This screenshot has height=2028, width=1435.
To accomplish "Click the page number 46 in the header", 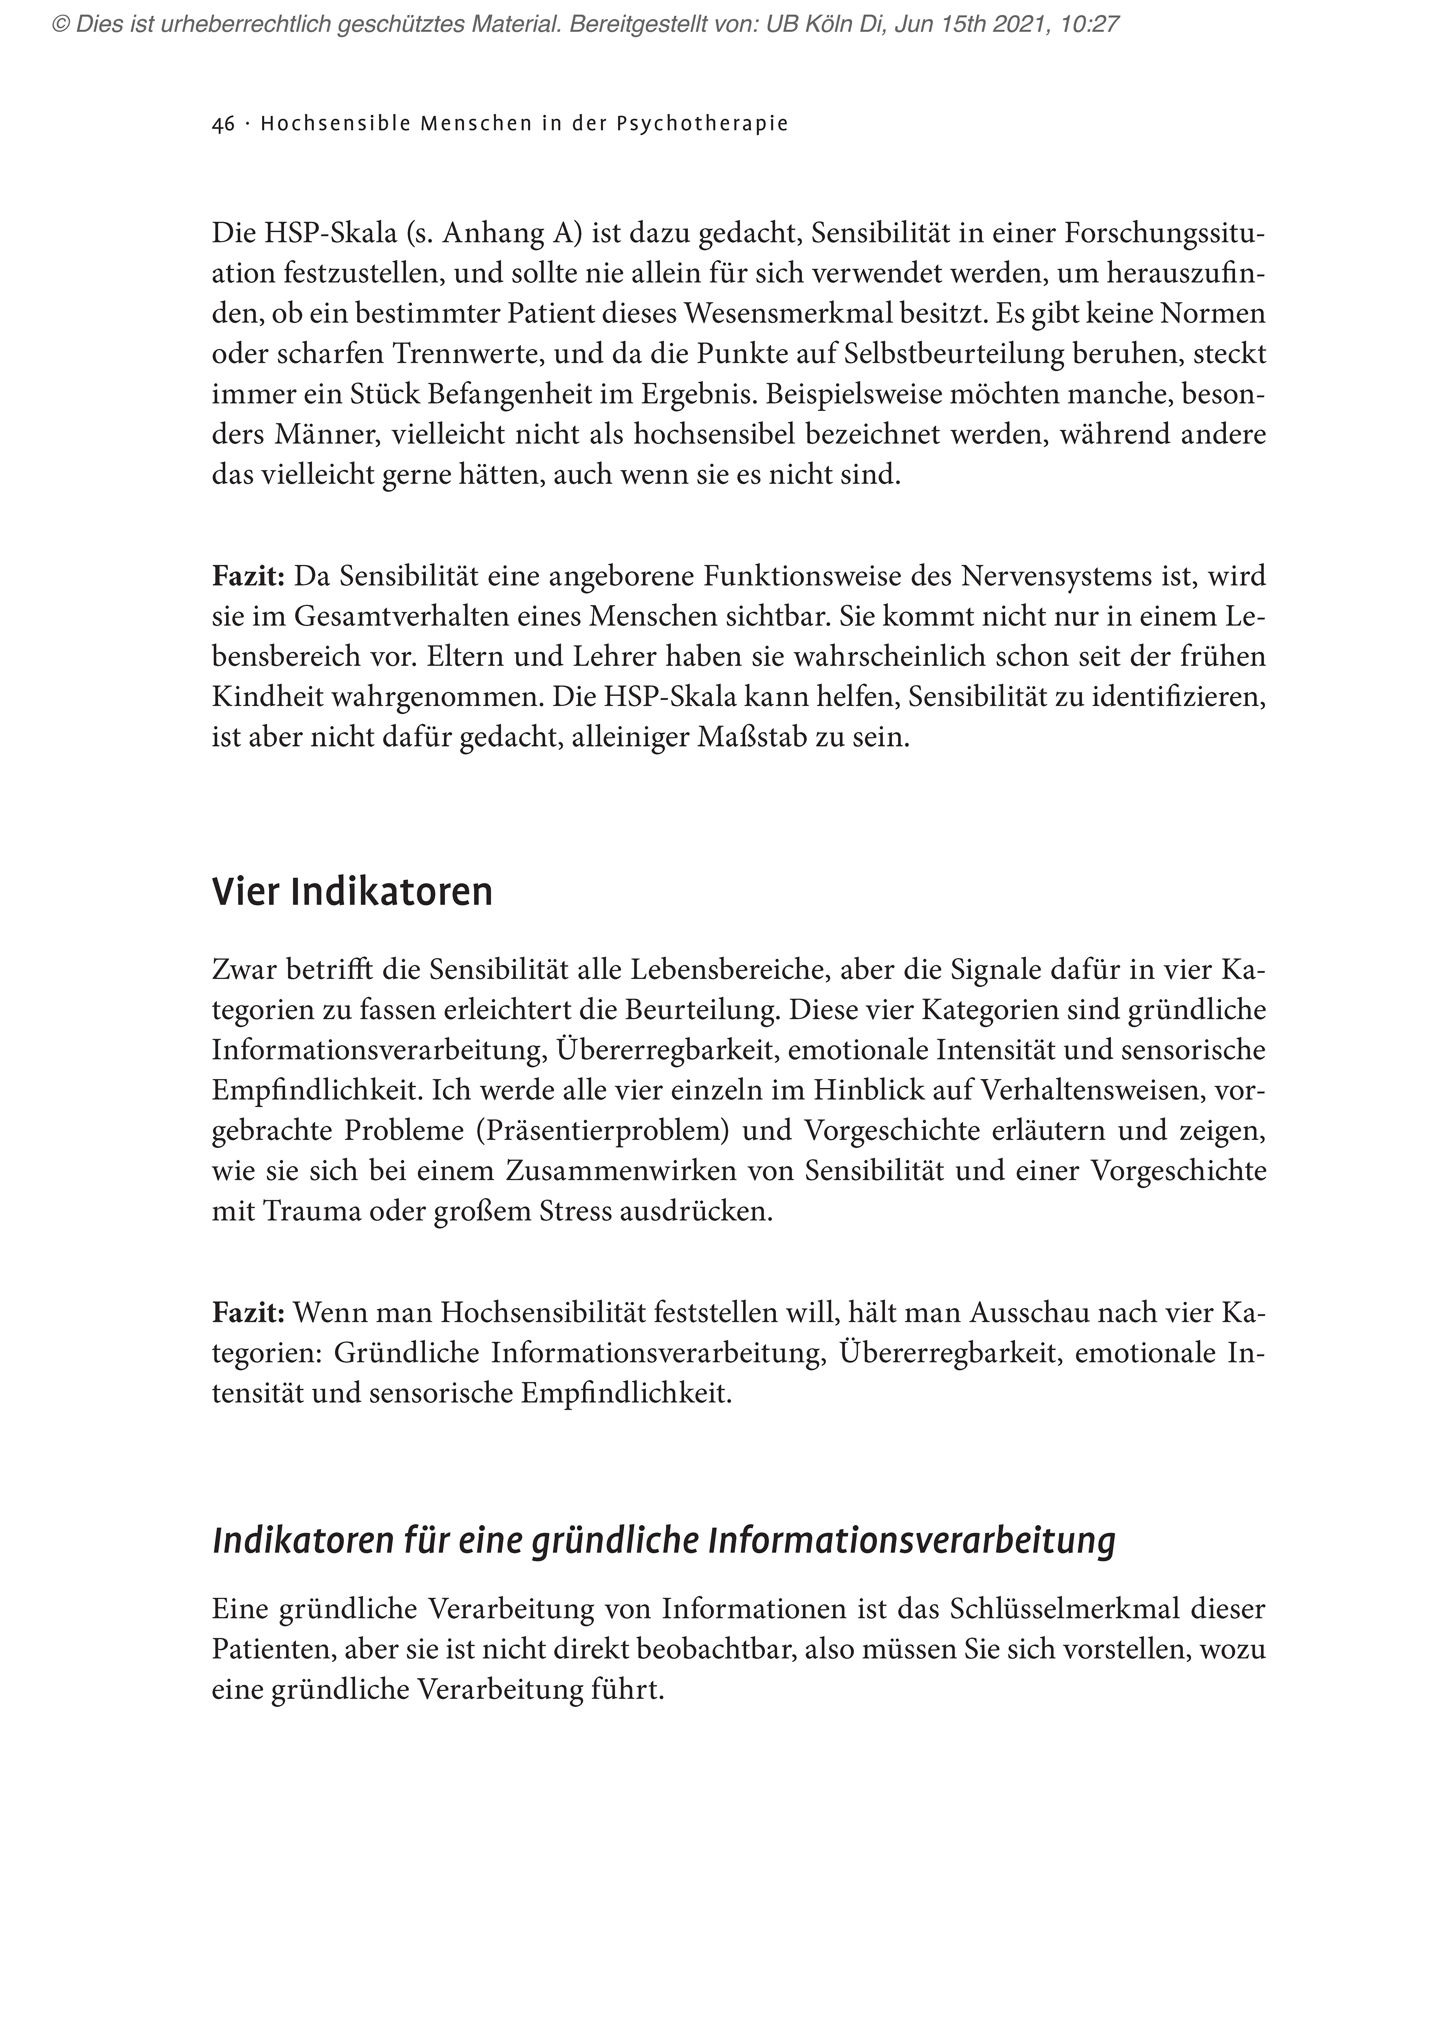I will [x=223, y=124].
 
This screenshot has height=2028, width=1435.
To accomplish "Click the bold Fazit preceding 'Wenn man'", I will [x=247, y=1313].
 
